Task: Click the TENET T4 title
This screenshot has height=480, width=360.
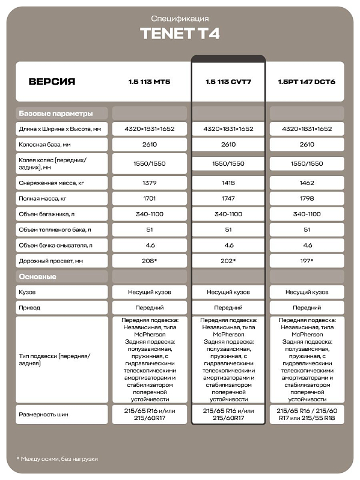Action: click(x=180, y=34)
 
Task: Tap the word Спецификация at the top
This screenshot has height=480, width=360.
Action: click(x=180, y=19)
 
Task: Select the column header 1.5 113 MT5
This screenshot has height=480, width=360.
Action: click(x=150, y=82)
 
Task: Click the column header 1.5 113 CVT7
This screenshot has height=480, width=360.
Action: click(x=228, y=82)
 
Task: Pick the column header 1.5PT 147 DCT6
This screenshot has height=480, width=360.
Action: click(x=307, y=82)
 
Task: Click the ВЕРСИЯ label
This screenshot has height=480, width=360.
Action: click(x=52, y=82)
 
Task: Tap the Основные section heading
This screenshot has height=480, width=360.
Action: click(x=37, y=276)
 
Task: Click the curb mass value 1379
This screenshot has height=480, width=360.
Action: click(x=150, y=182)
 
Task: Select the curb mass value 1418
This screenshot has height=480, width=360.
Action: click(x=228, y=182)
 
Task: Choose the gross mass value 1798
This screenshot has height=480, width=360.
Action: click(x=307, y=198)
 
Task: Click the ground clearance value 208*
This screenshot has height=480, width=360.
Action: click(x=150, y=261)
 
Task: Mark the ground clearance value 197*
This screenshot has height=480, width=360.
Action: click(x=307, y=261)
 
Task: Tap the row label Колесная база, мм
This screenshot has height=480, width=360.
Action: click(x=45, y=145)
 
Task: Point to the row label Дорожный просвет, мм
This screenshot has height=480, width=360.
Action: click(x=52, y=261)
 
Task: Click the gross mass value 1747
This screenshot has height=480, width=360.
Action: click(x=228, y=198)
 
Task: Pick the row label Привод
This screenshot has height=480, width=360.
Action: click(x=30, y=308)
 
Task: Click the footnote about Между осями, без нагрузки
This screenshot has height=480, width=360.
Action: click(x=57, y=459)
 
